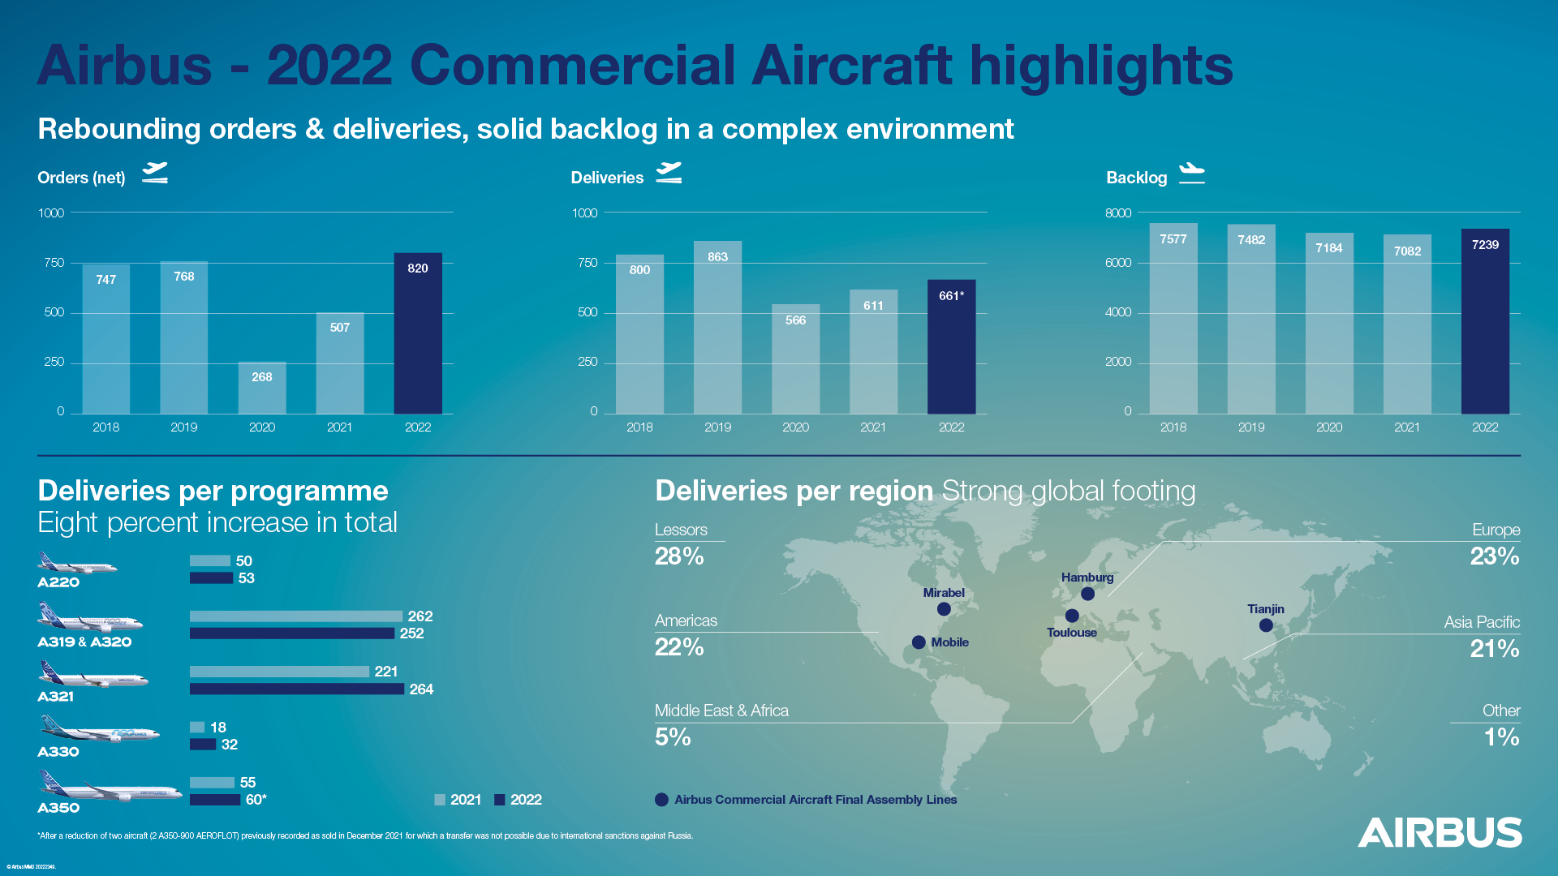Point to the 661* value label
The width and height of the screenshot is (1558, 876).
951,296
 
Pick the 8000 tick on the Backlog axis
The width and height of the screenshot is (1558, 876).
1117,213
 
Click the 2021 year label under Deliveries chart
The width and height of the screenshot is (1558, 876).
873,427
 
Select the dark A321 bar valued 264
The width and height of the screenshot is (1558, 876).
297,689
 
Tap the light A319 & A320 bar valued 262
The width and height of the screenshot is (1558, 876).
296,616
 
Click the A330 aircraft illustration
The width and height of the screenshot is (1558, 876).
99,729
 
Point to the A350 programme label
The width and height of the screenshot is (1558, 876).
58,808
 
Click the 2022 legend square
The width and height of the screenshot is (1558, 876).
500,800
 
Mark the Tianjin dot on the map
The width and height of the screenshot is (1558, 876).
1266,625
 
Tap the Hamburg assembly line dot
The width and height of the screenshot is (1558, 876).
1087,594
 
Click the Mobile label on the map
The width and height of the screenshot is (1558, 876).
949,642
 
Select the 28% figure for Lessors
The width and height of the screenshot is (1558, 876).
679,556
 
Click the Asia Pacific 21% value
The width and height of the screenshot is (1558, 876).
1494,649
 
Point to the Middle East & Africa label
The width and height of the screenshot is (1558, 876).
721,711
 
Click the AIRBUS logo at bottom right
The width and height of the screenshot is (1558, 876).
1440,833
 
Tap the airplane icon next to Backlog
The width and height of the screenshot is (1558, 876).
1191,173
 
